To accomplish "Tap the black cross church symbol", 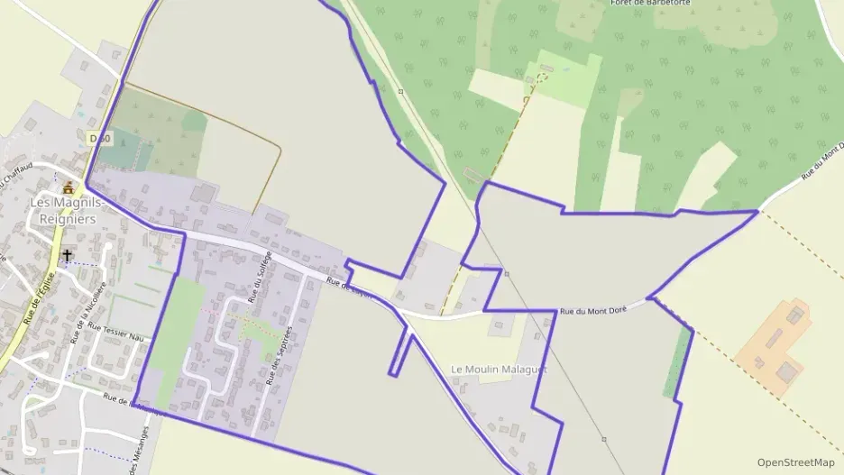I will coord(67,256).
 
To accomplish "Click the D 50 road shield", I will coord(99,138).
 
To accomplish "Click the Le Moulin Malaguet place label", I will coord(498,370).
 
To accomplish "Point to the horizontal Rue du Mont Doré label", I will coord(593,311).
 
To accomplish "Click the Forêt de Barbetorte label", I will coord(650,3).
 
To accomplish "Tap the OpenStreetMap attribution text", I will coord(795,462).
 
